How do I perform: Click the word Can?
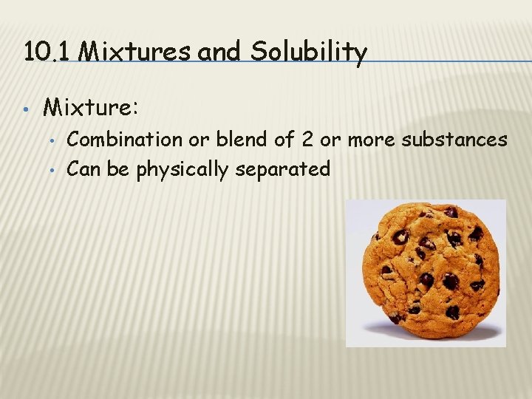83,169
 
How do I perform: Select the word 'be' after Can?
117,169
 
